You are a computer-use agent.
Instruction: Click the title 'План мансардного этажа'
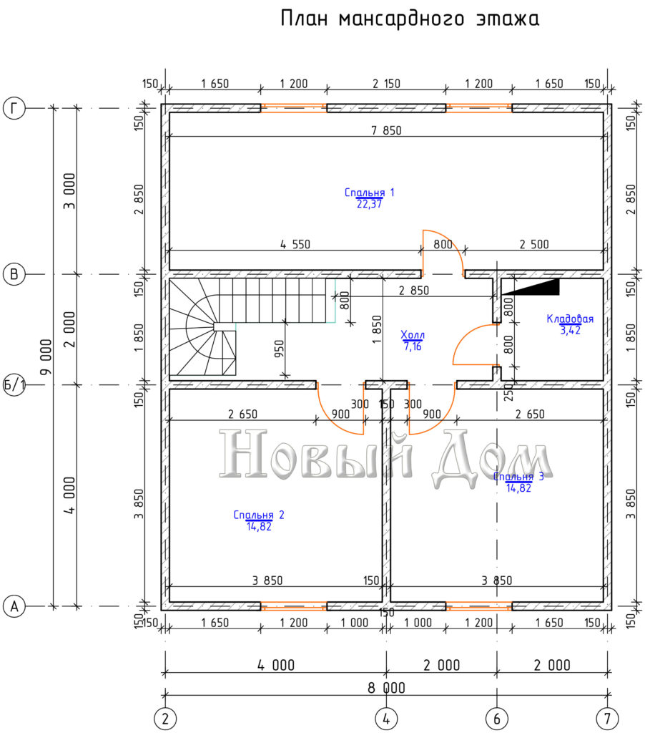(x=410, y=19)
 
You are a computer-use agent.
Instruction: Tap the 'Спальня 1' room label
(x=369, y=193)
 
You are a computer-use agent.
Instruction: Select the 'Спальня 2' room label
(x=259, y=515)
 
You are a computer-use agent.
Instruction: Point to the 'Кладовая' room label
(x=570, y=319)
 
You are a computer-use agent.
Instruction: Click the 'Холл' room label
(x=413, y=335)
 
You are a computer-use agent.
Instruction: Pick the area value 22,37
(x=369, y=204)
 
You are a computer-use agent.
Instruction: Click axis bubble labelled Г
(x=14, y=108)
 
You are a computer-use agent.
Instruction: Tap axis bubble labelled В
(x=14, y=274)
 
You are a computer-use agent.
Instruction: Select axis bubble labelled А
(x=14, y=606)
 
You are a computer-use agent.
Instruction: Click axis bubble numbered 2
(x=165, y=718)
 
